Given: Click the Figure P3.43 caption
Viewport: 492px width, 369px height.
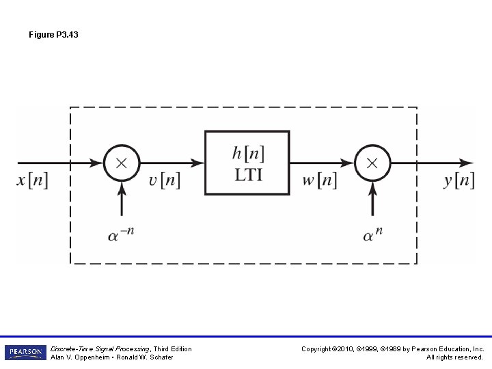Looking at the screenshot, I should pyautogui.click(x=53, y=34).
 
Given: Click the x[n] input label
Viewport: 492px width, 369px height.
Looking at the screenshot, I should pyautogui.click(x=33, y=181).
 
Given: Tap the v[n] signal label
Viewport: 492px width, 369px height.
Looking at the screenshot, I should pyautogui.click(x=165, y=181).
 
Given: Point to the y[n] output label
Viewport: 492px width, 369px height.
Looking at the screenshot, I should pyautogui.click(x=459, y=181).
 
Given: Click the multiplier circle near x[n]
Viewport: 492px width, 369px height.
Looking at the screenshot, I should pyautogui.click(x=122, y=163).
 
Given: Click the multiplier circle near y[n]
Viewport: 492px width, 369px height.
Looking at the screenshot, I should pyautogui.click(x=372, y=163).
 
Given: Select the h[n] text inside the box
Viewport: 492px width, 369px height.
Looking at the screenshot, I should pyautogui.click(x=248, y=152).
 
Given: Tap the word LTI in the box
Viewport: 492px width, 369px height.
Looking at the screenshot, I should pyautogui.click(x=248, y=174).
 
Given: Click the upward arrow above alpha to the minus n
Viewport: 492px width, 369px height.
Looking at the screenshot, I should pyautogui.click(x=122, y=198).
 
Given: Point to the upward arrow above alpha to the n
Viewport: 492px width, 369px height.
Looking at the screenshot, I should pyautogui.click(x=372, y=198).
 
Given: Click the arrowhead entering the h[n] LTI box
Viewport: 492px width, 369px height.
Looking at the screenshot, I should pyautogui.click(x=198, y=163).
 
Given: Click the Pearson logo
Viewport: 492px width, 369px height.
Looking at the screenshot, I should pyautogui.click(x=25, y=353).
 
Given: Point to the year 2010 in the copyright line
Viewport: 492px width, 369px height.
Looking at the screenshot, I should pyautogui.click(x=344, y=348).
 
